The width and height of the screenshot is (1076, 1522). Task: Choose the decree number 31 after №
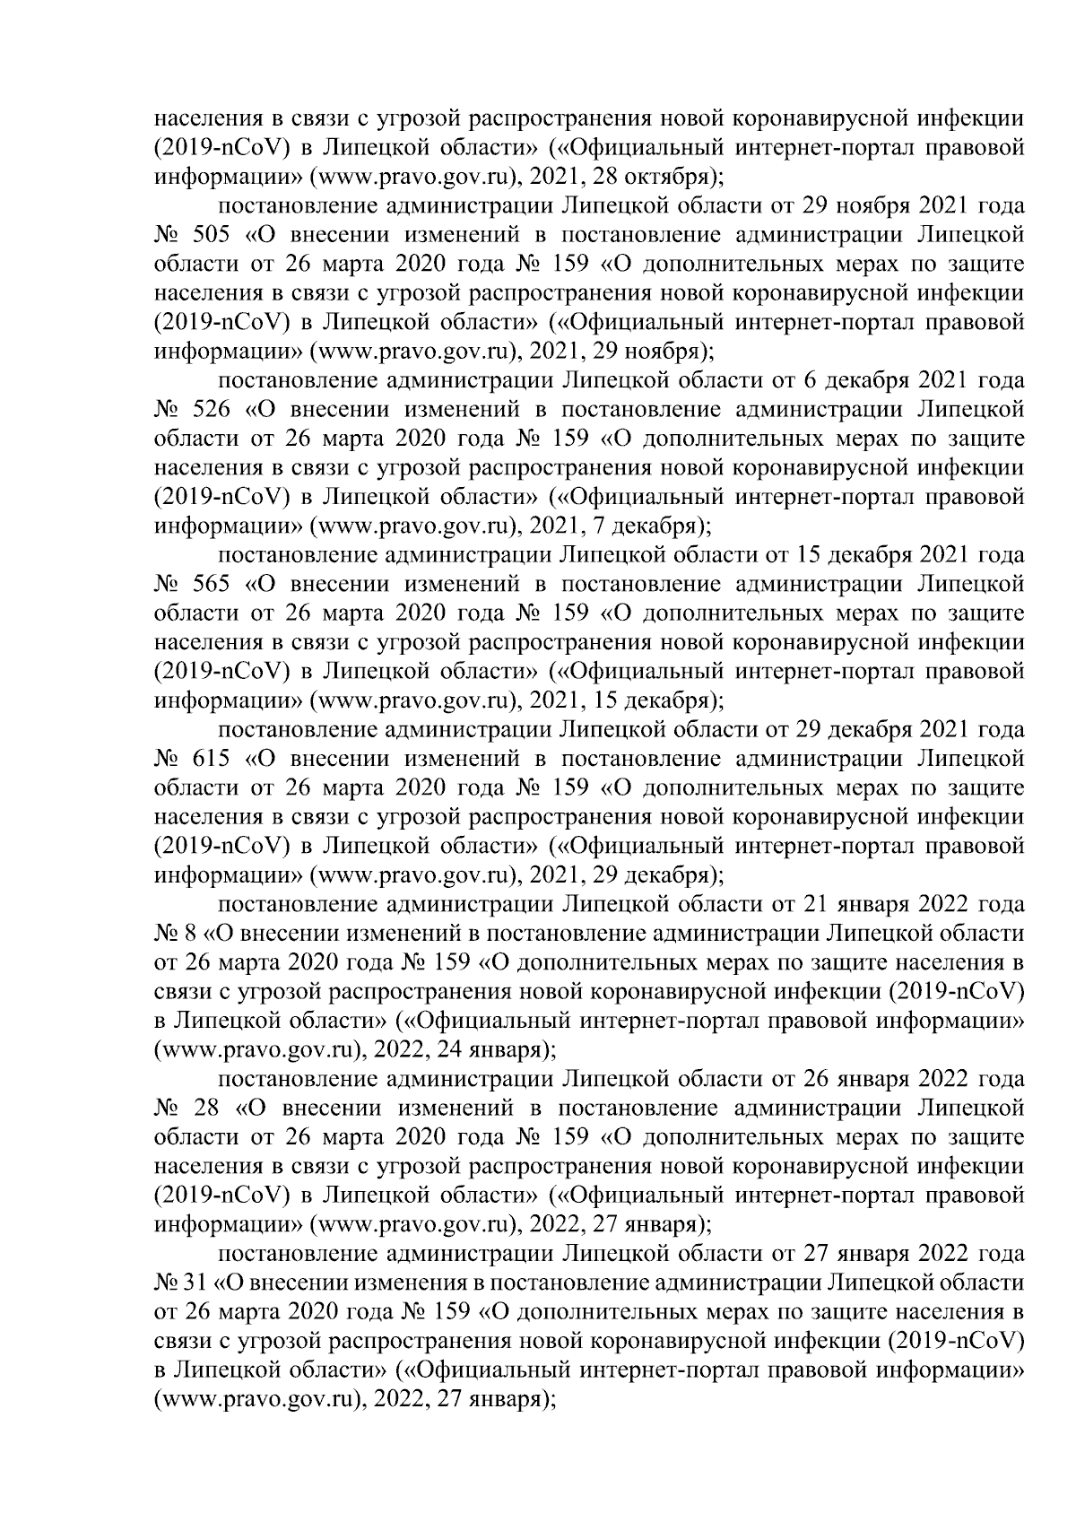[195, 1282]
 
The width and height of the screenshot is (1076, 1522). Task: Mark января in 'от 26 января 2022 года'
[874, 1078]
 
